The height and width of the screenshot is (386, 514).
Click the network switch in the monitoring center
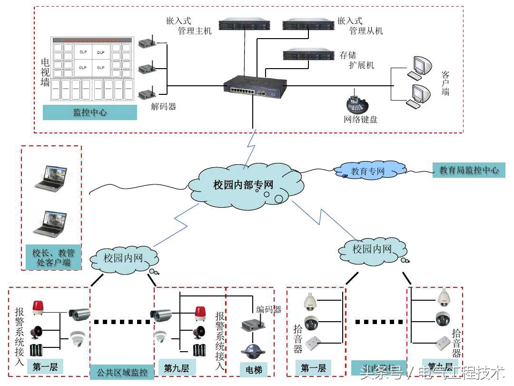coord(255,87)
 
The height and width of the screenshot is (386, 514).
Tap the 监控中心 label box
coord(90,112)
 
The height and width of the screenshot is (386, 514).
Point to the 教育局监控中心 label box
coord(469,170)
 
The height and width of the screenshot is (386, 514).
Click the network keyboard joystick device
coord(355,102)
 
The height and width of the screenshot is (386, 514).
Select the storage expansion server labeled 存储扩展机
coord(308,55)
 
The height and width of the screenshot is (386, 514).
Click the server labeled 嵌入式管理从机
coord(308,25)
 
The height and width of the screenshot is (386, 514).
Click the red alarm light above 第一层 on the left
coord(38,308)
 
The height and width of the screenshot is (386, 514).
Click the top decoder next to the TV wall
coord(147,42)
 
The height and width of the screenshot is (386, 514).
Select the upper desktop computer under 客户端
coord(419,67)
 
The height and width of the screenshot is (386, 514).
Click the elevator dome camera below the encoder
coord(250,351)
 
